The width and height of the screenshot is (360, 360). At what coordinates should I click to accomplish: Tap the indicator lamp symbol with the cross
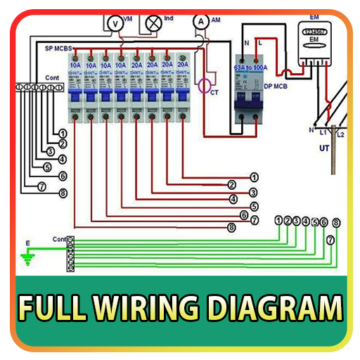tap(152, 23)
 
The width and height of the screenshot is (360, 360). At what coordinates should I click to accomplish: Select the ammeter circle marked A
tap(202, 22)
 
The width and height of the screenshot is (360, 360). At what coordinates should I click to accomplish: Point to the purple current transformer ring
tap(205, 86)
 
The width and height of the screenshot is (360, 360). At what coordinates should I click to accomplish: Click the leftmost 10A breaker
tap(75, 88)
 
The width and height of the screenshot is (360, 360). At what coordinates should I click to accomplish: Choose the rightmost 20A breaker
tap(182, 88)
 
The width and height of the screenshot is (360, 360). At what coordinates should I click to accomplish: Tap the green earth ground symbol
tap(29, 259)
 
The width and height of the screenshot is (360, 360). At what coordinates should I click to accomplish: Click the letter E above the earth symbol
tap(28, 243)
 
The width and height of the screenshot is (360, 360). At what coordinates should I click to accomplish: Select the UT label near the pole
tap(324, 149)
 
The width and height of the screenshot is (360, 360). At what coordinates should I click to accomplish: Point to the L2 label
tap(340, 134)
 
